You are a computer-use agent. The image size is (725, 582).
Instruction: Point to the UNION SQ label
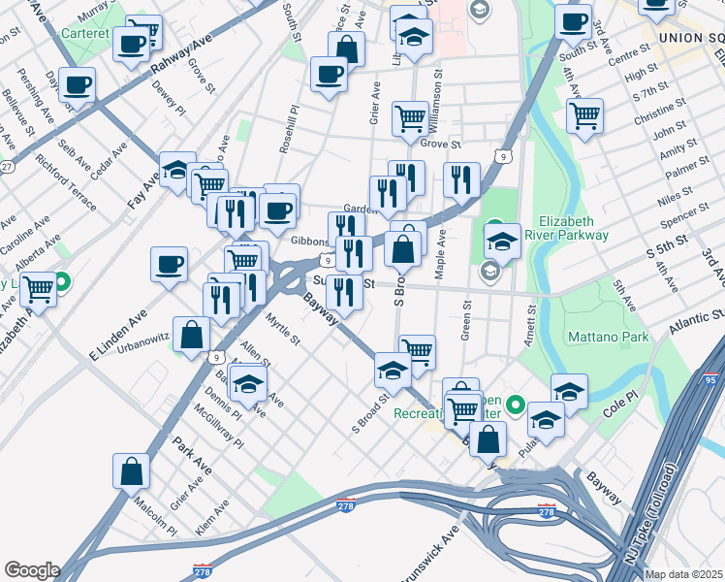click(689, 37)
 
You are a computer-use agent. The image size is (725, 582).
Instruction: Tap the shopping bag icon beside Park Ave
click(131, 472)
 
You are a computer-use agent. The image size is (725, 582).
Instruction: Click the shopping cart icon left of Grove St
click(410, 119)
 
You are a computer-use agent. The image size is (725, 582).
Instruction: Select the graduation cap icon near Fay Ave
click(177, 171)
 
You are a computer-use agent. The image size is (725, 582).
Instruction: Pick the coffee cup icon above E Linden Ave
click(170, 264)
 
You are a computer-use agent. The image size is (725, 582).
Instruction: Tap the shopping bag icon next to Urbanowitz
click(192, 335)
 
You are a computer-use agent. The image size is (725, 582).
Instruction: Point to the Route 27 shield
click(6, 167)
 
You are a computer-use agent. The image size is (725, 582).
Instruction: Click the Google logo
click(31, 570)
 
